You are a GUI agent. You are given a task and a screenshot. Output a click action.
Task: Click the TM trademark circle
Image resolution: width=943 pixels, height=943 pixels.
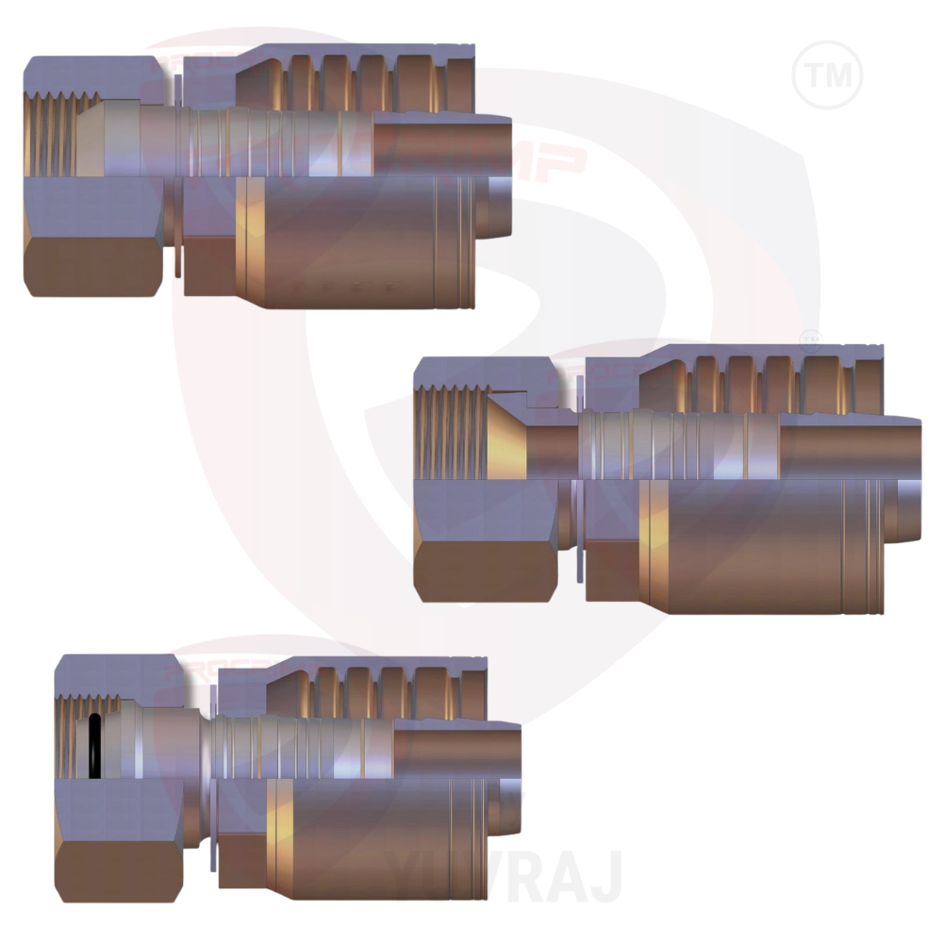828,74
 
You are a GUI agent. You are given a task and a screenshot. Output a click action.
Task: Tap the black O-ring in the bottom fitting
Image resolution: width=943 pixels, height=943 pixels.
94,746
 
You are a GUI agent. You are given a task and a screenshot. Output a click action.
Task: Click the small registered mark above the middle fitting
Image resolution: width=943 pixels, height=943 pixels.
809,337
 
